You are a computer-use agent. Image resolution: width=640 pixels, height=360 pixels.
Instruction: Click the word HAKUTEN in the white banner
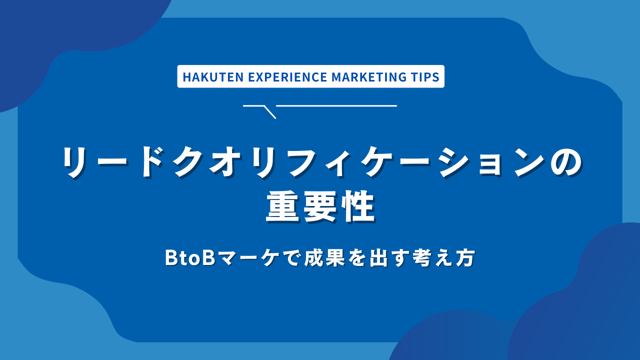point(205,77)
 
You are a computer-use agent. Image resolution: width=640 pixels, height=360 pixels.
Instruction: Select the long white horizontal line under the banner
point(336,105)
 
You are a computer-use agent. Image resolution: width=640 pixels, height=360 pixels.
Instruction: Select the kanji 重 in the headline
point(282,207)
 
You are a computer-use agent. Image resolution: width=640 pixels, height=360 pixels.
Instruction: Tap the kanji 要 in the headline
point(320,207)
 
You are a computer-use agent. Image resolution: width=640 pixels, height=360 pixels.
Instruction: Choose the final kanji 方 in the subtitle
point(465,258)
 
